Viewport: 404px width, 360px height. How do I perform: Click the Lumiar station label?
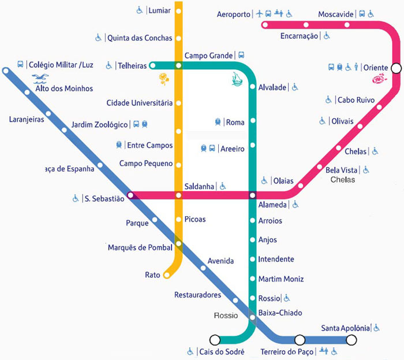click(159, 10)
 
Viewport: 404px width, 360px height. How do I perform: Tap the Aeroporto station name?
click(234, 14)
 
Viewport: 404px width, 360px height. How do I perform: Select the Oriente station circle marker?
click(396, 68)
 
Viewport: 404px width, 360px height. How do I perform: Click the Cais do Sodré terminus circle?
click(215, 340)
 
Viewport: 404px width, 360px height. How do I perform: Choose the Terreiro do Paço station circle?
click(300, 340)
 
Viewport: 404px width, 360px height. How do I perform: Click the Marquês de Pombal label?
click(140, 248)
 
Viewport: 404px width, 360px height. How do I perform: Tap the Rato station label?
click(152, 275)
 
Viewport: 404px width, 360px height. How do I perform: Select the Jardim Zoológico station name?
click(99, 125)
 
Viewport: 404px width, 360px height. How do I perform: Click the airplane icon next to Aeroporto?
click(259, 13)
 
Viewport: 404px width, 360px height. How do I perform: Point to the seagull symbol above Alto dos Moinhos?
click(41, 77)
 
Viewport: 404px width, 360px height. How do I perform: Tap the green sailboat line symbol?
click(235, 77)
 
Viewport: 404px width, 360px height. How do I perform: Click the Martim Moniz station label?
click(281, 279)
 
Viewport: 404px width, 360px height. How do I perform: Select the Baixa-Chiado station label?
click(280, 313)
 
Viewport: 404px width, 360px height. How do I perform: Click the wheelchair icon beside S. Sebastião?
click(76, 199)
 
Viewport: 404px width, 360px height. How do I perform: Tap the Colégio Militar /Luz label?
click(61, 65)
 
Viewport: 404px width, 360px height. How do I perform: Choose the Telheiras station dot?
click(152, 65)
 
